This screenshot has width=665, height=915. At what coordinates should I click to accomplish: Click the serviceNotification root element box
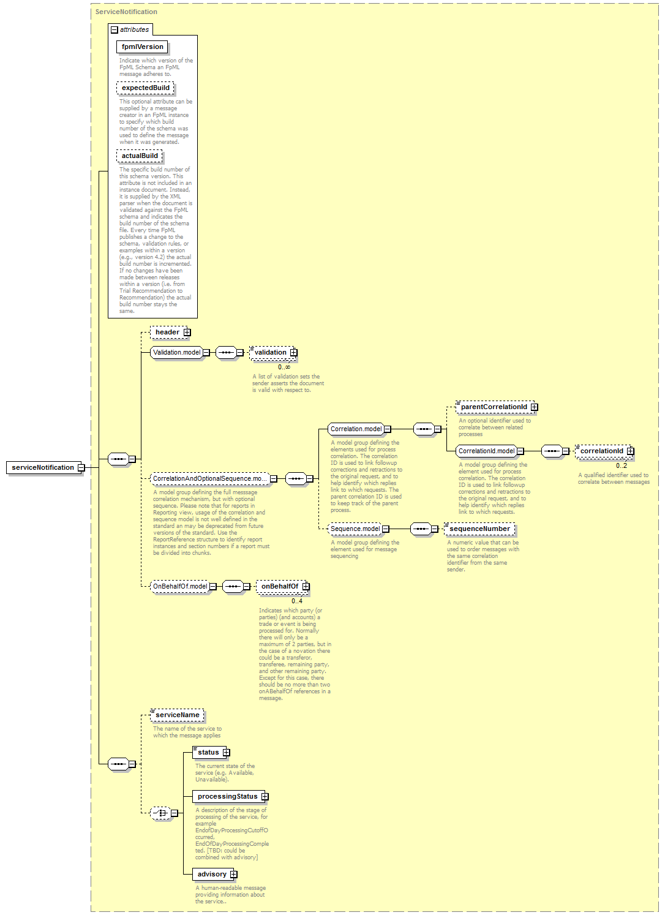(x=43, y=467)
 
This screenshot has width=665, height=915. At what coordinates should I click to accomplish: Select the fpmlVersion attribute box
(x=142, y=47)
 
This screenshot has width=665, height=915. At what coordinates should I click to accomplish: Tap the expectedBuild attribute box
(x=145, y=88)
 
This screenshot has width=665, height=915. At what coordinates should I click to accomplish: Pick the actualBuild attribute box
(x=139, y=156)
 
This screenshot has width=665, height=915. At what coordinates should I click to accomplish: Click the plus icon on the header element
(x=187, y=332)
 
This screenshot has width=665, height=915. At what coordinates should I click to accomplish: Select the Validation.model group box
(x=177, y=352)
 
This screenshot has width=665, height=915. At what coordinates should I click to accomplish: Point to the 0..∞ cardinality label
(x=284, y=367)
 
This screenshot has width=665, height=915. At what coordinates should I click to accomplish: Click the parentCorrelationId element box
(x=494, y=407)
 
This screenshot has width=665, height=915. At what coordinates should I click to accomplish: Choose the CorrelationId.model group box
(x=486, y=451)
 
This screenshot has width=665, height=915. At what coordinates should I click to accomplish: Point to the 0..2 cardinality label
(x=622, y=465)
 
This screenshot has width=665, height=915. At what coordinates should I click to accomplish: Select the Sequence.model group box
(x=355, y=529)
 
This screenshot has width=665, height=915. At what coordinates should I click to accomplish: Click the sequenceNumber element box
(x=479, y=529)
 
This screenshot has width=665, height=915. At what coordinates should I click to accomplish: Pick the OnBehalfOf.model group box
(x=180, y=586)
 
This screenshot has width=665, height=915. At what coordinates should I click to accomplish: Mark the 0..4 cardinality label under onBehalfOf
(x=297, y=601)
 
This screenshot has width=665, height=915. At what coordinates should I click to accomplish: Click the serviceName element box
(x=178, y=715)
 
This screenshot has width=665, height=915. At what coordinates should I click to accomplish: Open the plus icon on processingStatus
(x=265, y=796)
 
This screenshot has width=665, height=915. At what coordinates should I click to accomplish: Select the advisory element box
(x=212, y=874)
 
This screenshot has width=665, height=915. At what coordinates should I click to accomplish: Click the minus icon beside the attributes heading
(x=115, y=30)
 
